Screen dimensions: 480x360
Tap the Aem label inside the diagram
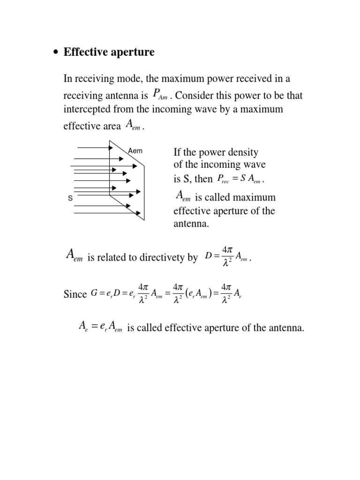click(x=135, y=150)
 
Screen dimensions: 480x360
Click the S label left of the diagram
click(x=70, y=198)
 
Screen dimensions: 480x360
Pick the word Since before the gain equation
click(x=75, y=294)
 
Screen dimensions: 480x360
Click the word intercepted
click(x=88, y=109)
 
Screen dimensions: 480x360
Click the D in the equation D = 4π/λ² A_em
click(x=209, y=256)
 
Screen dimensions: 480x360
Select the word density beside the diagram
click(x=242, y=152)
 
